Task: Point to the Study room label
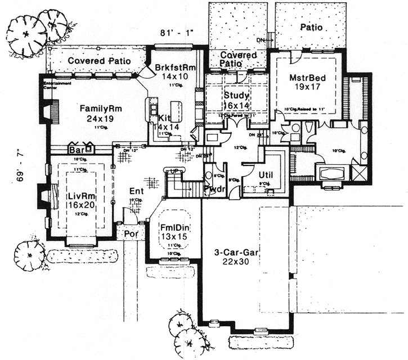point(236,94)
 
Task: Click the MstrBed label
point(306,77)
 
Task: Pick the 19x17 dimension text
point(306,87)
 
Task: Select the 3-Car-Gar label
point(236,253)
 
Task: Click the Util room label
point(266,175)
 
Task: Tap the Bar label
point(75,151)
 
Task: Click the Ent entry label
point(137,191)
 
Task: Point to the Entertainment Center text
point(59,84)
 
